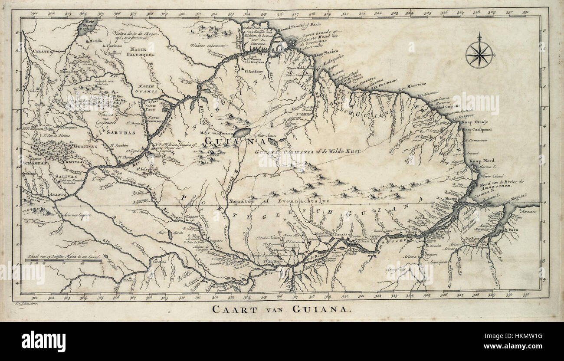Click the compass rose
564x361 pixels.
pos(479,54)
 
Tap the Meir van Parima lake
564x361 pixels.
pos(242,132)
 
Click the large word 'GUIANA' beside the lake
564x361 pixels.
pos(225,141)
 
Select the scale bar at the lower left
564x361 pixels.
pos(61,262)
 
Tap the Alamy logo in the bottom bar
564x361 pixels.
pos(43,341)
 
